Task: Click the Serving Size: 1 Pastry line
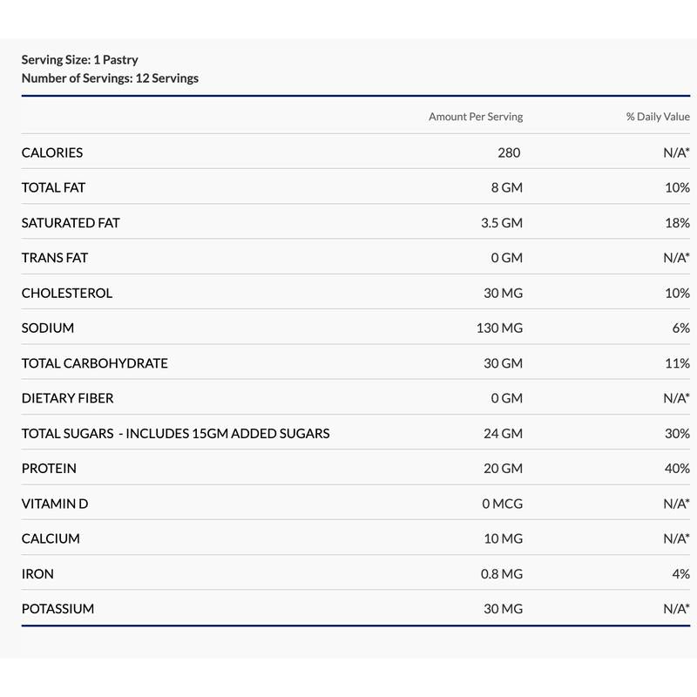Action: click(79, 60)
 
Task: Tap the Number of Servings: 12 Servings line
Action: click(110, 78)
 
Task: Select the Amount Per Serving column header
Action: click(475, 117)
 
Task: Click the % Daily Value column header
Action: click(657, 117)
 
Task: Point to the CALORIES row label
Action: click(52, 152)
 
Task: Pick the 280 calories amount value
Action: click(509, 152)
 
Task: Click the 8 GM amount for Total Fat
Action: click(506, 187)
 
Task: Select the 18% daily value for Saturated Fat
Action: click(676, 223)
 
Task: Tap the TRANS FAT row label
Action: click(55, 258)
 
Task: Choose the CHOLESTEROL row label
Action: click(67, 293)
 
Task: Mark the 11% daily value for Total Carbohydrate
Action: click(677, 363)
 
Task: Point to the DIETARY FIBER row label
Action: click(67, 398)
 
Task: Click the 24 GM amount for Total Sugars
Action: click(503, 433)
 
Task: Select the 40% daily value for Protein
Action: click(676, 469)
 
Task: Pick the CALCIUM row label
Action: click(51, 538)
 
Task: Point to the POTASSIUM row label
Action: click(58, 609)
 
